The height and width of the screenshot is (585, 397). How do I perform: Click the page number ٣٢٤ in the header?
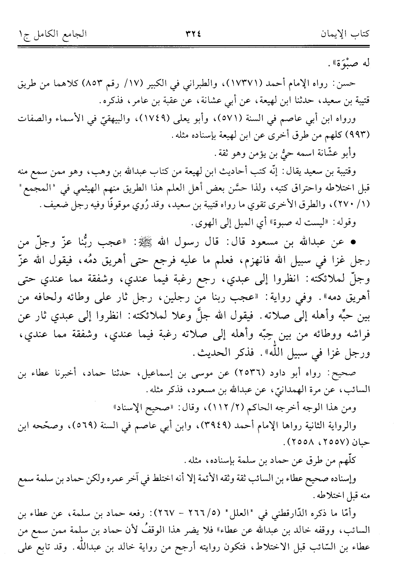(198, 33)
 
